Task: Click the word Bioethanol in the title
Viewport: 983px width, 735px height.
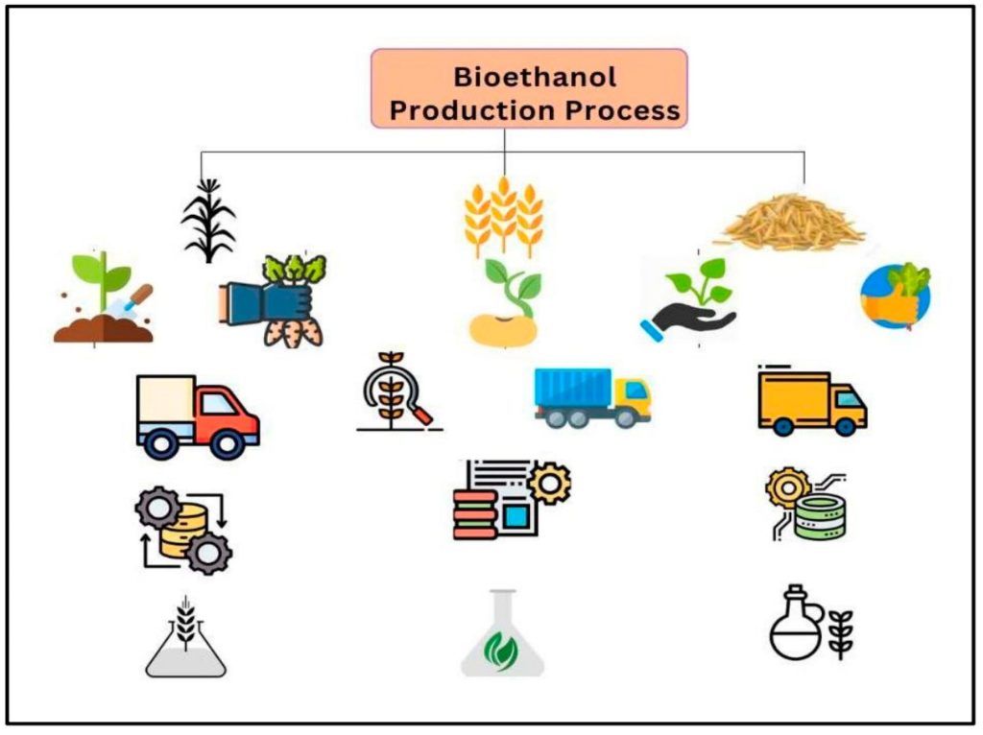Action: click(535, 77)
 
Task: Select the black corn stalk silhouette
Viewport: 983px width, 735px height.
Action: click(207, 220)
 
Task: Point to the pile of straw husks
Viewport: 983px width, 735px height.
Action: click(788, 223)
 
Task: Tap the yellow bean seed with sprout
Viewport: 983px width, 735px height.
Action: click(504, 304)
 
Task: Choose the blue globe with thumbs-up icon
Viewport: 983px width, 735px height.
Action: click(895, 296)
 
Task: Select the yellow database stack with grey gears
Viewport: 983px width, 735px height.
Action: click(182, 529)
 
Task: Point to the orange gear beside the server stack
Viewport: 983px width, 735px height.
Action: click(550, 483)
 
